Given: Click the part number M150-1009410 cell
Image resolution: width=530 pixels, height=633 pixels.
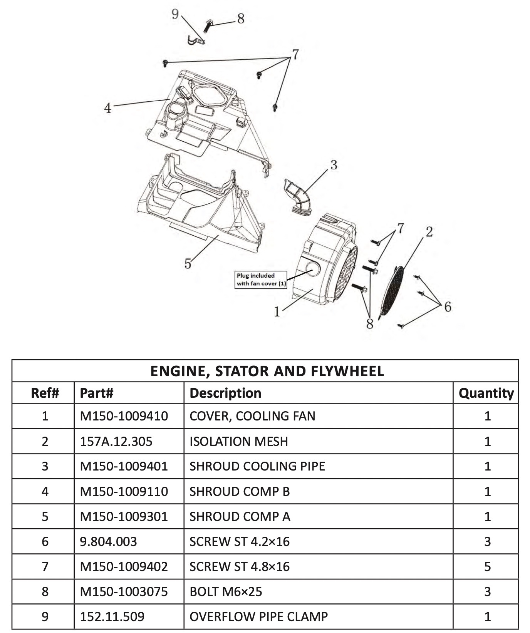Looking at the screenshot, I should pyautogui.click(x=124, y=416).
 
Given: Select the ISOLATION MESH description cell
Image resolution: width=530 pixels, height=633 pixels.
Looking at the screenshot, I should pyautogui.click(x=238, y=441).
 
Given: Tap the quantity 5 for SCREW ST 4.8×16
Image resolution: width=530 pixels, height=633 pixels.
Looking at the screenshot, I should pyautogui.click(x=487, y=566).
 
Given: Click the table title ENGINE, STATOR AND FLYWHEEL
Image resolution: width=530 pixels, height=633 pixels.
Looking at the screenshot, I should pyautogui.click(x=267, y=371).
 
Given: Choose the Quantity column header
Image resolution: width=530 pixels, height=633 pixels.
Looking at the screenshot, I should pyautogui.click(x=486, y=393).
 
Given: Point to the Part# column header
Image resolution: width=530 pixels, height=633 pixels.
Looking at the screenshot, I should pyautogui.click(x=96, y=393).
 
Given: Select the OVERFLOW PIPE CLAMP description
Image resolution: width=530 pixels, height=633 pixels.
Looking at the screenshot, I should pyautogui.click(x=258, y=616).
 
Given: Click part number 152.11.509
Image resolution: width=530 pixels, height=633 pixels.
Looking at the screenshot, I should pyautogui.click(x=112, y=616).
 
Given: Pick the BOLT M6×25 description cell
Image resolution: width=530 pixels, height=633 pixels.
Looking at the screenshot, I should pyautogui.click(x=226, y=591).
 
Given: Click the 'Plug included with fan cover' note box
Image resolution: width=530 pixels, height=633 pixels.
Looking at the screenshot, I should pyautogui.click(x=261, y=280).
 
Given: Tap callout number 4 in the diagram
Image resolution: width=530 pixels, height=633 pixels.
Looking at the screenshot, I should pyautogui.click(x=107, y=108).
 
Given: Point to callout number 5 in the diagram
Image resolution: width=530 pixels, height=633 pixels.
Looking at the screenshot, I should pyautogui.click(x=188, y=264).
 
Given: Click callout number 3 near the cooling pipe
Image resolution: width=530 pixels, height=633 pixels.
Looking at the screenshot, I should pyautogui.click(x=334, y=165).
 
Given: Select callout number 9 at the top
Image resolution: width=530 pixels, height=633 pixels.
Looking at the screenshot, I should pyautogui.click(x=175, y=14).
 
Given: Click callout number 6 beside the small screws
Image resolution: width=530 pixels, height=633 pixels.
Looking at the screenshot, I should pyautogui.click(x=447, y=307).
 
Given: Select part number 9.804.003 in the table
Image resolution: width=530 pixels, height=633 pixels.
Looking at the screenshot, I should pyautogui.click(x=108, y=541).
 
